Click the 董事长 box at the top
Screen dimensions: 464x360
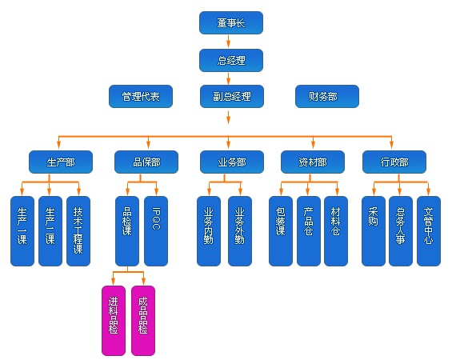pos(231,22)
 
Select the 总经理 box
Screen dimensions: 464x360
pos(231,60)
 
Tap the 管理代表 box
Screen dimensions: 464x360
pos(141,97)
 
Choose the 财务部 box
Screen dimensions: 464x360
pos(327,97)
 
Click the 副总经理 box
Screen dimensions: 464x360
pos(232,97)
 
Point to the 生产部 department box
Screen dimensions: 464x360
pos(61,162)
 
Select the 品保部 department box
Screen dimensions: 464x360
pos(146,162)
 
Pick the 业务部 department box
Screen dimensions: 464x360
pos(232,162)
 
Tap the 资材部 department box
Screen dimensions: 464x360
pos(313,162)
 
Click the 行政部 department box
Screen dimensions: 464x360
pos(394,162)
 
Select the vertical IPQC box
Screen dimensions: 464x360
pos(156,231)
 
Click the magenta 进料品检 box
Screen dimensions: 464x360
pos(114,321)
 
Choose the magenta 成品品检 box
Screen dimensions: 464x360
pos(143,321)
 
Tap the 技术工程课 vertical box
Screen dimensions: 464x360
pos(78,231)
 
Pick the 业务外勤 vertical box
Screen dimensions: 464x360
pos(240,231)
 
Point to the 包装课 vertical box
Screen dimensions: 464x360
pos(281,231)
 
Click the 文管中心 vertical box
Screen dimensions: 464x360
pos(429,231)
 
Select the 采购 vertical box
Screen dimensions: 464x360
pos(374,231)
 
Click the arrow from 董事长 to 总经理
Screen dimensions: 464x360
pos(228,42)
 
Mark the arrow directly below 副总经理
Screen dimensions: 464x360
pos(228,117)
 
